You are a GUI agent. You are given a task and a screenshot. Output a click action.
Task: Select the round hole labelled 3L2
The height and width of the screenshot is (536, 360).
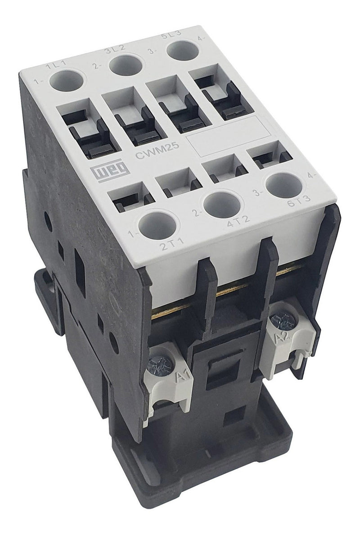pyautogui.click(x=123, y=66)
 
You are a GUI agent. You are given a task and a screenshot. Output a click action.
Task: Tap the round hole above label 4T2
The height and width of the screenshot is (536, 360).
pyautogui.click(x=222, y=205)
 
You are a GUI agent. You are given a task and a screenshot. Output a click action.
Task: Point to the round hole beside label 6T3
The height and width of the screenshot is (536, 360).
pyautogui.click(x=284, y=185)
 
